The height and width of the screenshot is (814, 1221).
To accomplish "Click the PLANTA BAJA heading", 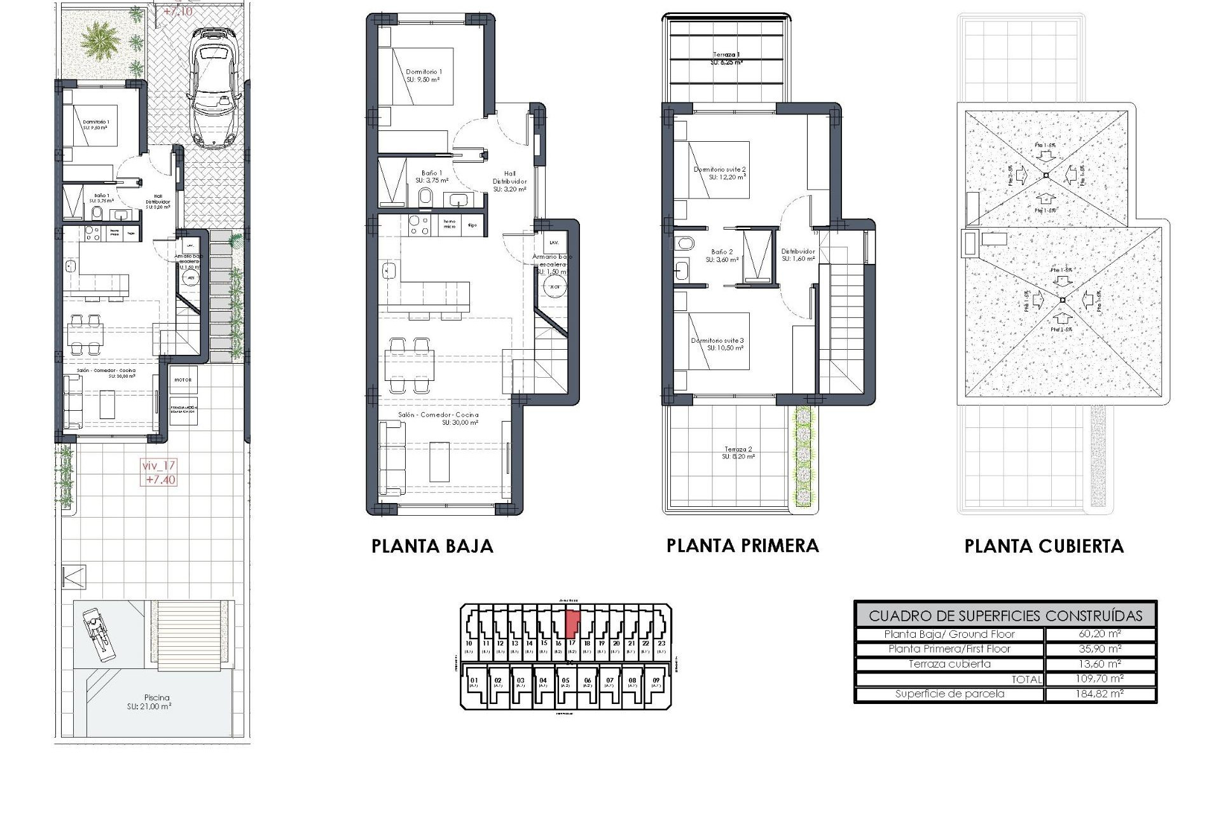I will [x=432, y=546].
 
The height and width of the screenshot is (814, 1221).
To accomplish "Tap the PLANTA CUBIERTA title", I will [x=1044, y=546].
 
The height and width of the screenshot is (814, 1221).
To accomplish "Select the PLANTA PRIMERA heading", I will [x=742, y=546].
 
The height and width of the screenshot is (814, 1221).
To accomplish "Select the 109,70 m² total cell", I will [x=1100, y=679].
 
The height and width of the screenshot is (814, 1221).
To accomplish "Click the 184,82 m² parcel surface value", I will [x=1100, y=694].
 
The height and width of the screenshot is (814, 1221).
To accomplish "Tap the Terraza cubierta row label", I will [x=949, y=664].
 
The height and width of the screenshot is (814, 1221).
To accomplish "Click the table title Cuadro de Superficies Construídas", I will [x=1005, y=616].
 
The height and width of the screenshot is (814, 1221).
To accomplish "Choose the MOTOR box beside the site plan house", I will [x=183, y=380].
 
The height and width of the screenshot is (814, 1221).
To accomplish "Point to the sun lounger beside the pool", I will [x=97, y=631].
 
